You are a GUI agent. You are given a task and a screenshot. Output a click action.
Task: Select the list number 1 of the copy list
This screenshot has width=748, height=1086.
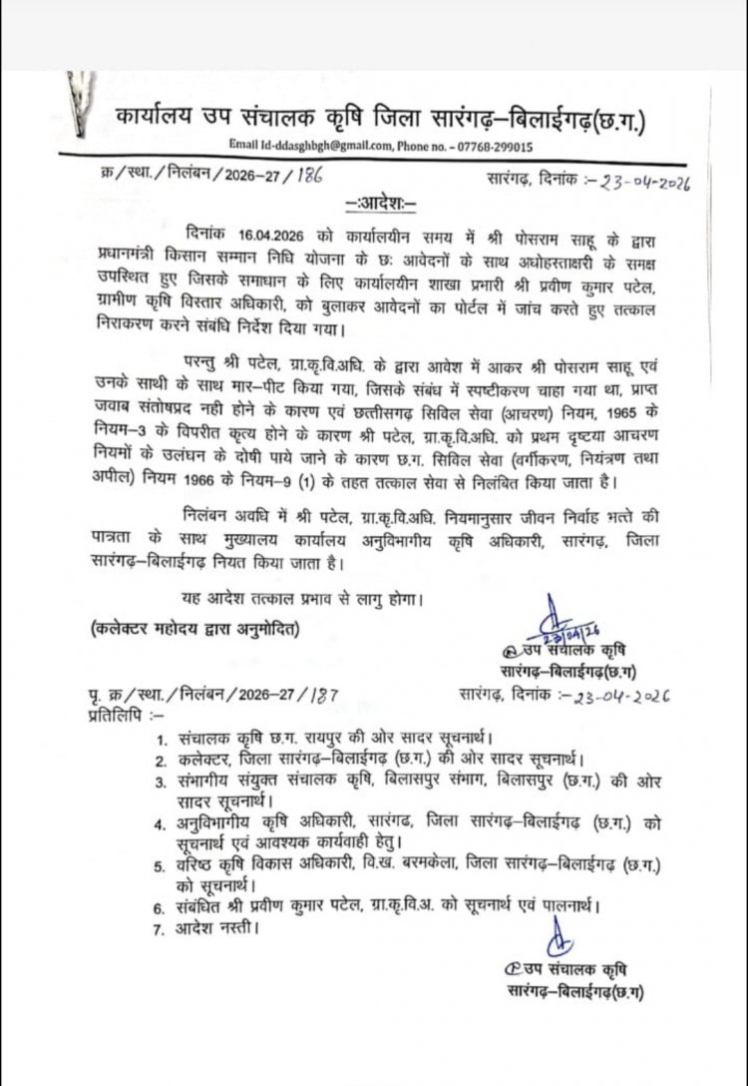[x=161, y=740]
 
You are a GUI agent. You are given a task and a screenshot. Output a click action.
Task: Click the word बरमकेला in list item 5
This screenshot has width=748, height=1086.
[x=442, y=861]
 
